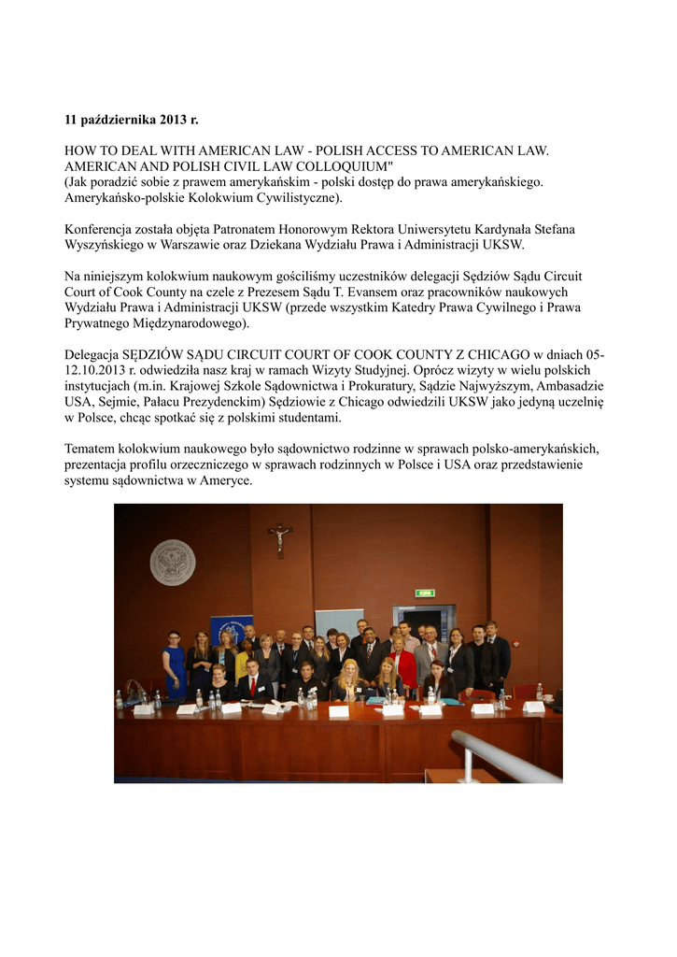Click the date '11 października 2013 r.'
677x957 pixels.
coord(132,120)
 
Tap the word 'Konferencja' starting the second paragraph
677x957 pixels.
coord(100,229)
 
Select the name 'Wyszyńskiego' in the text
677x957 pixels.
coord(104,244)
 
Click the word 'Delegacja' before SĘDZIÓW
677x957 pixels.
coord(94,355)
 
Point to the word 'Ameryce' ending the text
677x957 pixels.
coord(226,480)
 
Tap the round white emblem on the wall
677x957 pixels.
coord(172,562)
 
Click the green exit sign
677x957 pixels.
coord(425,593)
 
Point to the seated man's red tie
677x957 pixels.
coord(253,686)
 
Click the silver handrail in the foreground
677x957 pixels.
coord(504,756)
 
